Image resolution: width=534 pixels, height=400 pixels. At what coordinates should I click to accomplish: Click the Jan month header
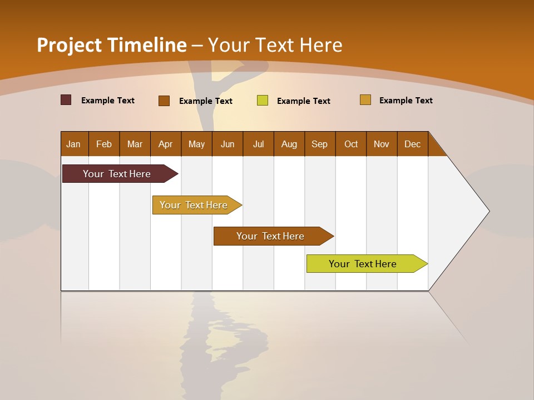[x=74, y=144]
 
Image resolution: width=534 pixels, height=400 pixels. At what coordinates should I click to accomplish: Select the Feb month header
[x=104, y=144]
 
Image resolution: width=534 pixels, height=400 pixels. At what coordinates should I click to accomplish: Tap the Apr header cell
[x=166, y=144]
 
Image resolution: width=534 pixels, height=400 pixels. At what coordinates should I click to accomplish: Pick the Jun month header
[x=228, y=144]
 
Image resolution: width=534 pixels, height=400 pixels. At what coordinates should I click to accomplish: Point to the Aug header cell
[x=289, y=144]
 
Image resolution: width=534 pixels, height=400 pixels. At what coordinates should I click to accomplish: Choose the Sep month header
[x=320, y=144]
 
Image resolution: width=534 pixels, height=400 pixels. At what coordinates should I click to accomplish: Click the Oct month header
[x=351, y=144]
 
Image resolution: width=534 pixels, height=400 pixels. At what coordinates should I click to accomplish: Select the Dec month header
[x=413, y=144]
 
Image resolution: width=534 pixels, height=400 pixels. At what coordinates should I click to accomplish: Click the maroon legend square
[x=66, y=100]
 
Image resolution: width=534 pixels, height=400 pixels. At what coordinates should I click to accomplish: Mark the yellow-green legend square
[x=263, y=101]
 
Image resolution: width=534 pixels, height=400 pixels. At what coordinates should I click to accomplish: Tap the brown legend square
[x=164, y=101]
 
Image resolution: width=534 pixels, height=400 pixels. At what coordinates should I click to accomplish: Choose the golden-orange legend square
[x=365, y=100]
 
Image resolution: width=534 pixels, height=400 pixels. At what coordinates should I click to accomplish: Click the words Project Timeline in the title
[x=112, y=45]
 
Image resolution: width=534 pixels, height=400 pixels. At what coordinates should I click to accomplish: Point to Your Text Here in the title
[x=275, y=45]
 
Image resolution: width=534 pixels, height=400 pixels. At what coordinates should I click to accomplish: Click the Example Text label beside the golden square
[x=406, y=101]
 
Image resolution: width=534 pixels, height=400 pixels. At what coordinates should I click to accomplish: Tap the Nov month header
[x=382, y=144]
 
